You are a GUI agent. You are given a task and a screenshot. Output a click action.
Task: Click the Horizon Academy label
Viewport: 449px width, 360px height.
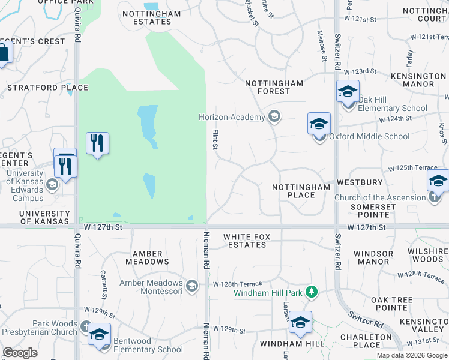point(232,117)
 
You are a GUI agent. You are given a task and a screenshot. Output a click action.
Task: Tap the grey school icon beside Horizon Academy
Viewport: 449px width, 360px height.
point(274,116)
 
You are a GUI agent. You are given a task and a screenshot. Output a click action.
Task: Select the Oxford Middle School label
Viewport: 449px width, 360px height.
point(369,136)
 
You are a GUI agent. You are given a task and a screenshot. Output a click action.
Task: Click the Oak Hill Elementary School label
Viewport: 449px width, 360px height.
point(393,104)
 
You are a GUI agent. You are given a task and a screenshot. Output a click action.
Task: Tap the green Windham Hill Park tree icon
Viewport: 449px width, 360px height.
point(311,292)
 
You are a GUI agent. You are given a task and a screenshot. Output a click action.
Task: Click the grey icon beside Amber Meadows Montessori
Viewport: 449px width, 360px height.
point(191,286)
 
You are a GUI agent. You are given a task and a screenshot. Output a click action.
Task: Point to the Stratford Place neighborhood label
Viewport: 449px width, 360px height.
point(47,88)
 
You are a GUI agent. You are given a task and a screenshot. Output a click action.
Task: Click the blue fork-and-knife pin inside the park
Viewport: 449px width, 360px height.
point(97,143)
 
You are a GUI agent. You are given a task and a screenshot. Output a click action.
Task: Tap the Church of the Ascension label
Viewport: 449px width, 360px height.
point(379,197)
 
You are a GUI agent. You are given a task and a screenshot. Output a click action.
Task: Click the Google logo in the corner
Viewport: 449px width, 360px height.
point(20,353)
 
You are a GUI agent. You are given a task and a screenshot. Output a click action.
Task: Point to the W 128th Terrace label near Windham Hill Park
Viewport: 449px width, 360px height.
point(238,284)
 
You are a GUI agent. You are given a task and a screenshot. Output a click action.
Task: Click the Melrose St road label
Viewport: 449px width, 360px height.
point(322,46)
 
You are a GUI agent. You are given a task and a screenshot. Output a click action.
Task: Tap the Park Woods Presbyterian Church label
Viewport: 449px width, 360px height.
point(47,328)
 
